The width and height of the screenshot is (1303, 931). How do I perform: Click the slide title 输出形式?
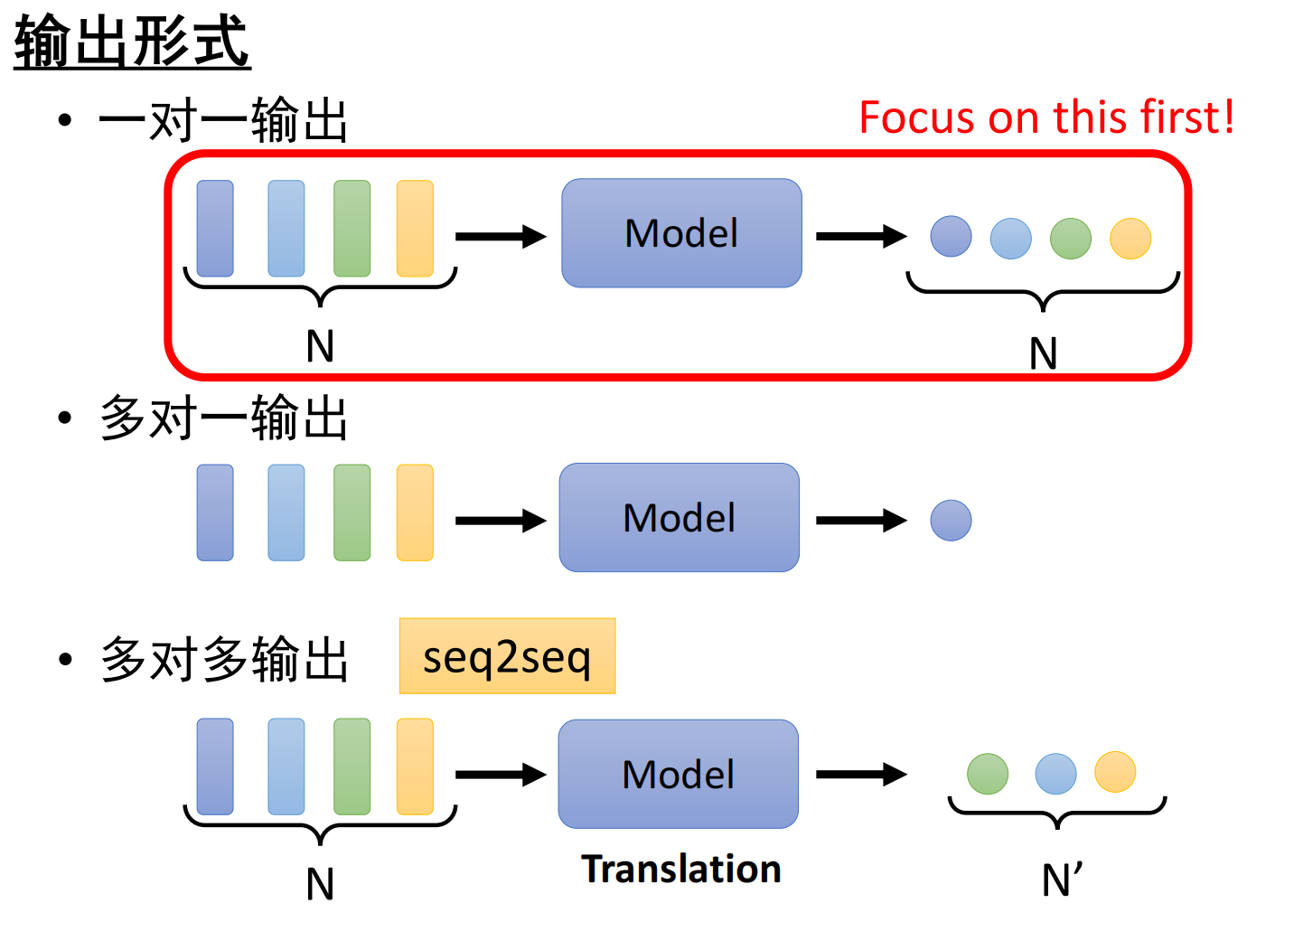click(132, 42)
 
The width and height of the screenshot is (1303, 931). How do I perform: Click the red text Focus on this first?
click(1045, 118)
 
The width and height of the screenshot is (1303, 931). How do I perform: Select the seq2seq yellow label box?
click(507, 656)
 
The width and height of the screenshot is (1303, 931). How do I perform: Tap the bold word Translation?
click(681, 869)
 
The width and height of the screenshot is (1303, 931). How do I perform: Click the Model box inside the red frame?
click(681, 233)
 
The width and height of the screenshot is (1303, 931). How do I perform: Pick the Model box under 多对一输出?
click(680, 518)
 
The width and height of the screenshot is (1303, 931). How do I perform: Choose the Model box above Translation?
click(679, 775)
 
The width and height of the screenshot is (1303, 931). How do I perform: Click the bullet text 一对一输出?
click(223, 120)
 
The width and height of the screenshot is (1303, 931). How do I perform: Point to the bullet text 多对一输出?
click(223, 418)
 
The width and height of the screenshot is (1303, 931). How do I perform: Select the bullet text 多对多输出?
click(223, 659)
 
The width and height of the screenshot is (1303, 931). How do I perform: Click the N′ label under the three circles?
click(1061, 879)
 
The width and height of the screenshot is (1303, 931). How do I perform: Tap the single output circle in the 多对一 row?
click(951, 521)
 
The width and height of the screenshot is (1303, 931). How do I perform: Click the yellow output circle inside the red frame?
click(1130, 239)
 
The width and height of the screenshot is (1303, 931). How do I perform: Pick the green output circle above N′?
click(988, 774)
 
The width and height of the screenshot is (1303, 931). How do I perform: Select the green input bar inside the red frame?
click(352, 229)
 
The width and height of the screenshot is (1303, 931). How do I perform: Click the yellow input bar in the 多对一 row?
click(415, 513)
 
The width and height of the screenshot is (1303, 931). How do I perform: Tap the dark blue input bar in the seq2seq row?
click(215, 766)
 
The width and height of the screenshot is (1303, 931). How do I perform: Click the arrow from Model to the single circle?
click(860, 521)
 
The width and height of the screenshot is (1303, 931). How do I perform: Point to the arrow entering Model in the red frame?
click(500, 237)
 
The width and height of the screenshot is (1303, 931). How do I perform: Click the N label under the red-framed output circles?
click(1044, 353)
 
